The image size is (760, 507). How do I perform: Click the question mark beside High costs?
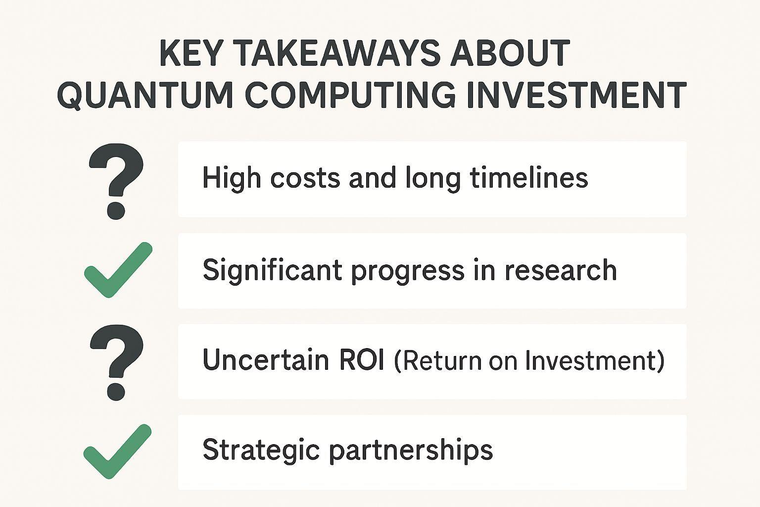point(116,181)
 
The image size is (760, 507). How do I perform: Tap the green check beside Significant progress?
point(118,270)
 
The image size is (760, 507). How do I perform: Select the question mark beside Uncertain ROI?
point(116,362)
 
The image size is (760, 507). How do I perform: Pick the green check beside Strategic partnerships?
point(117,452)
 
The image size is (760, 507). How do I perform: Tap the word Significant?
point(272,271)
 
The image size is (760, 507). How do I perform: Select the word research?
point(561,270)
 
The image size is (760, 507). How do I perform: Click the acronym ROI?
point(362,359)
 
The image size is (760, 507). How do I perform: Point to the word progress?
point(408,272)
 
